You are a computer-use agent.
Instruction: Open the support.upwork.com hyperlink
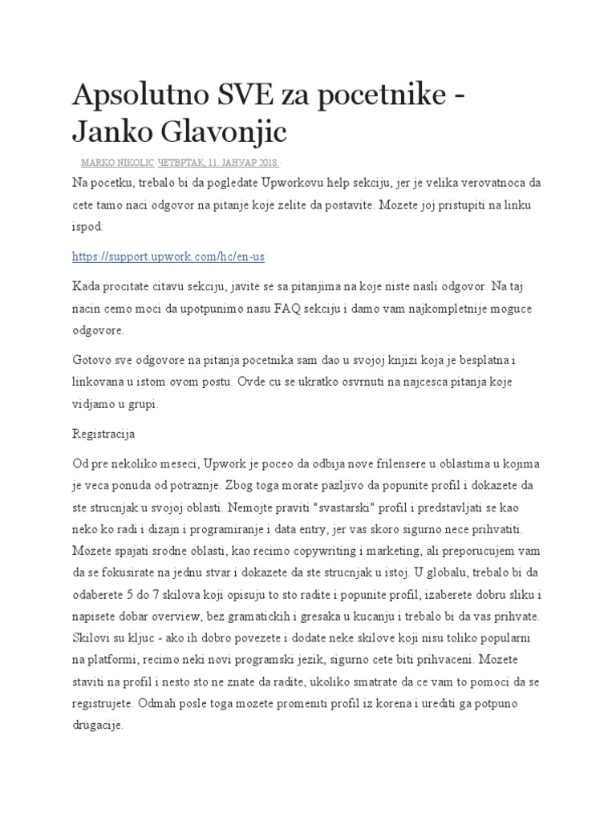click(x=168, y=257)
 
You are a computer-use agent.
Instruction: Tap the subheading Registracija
click(x=103, y=434)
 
